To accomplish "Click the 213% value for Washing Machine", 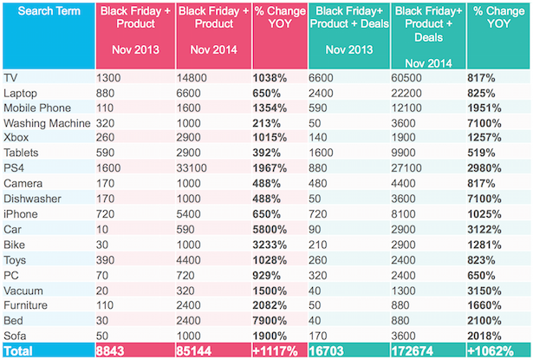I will [x=270, y=123].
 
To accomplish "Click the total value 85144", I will [x=197, y=351].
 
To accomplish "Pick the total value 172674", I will [x=421, y=351].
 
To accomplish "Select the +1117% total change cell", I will [x=276, y=351].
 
